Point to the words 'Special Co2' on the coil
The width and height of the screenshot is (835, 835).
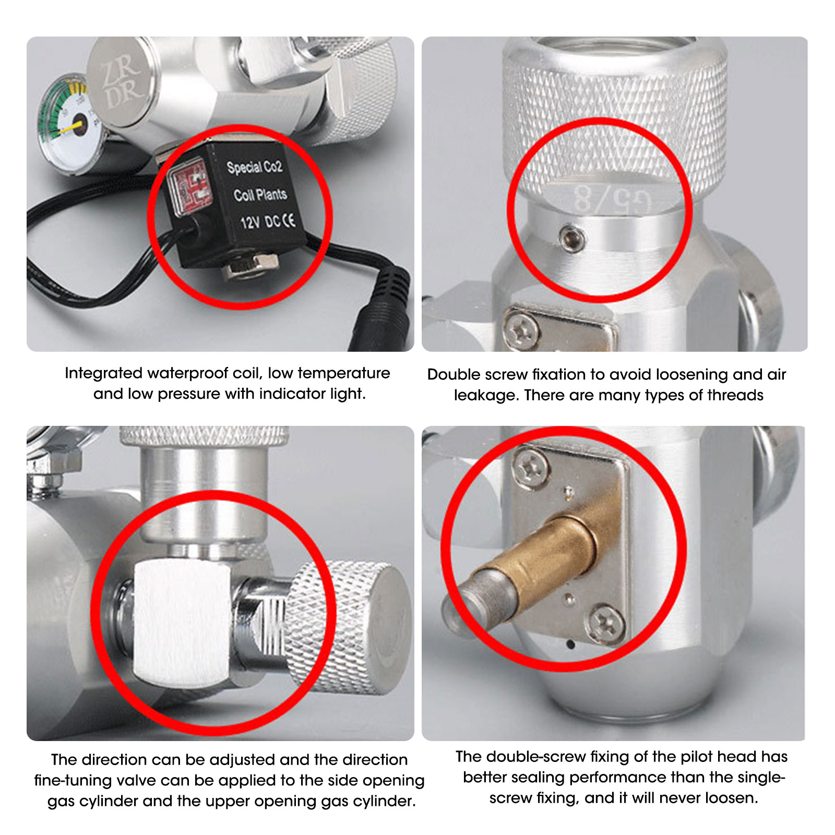point(254,167)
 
